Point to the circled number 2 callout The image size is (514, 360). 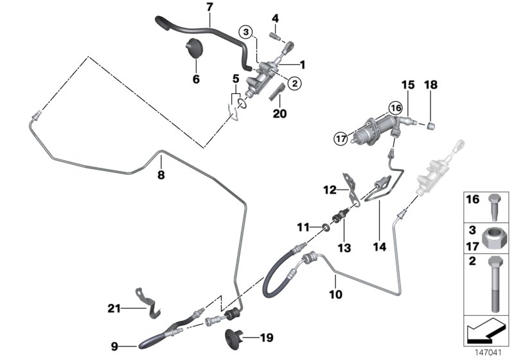coord(295,82)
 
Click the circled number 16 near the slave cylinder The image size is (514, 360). coord(394,109)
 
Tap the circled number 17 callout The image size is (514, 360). coord(339,136)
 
